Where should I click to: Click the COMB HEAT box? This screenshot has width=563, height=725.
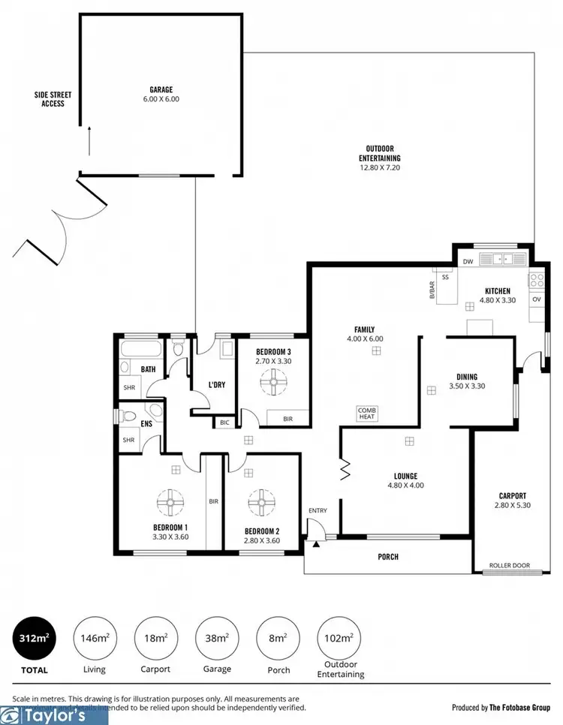click(366, 414)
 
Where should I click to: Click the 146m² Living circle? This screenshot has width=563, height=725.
click(94, 638)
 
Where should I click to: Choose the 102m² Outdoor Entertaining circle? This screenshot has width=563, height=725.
click(339, 638)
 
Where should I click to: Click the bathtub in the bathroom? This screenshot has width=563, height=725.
click(140, 350)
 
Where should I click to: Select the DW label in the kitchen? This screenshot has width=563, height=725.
click(468, 261)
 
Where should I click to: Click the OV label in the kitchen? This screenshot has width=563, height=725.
click(536, 299)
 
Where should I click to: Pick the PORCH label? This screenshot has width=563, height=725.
click(389, 556)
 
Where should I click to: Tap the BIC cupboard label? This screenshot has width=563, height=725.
click(224, 423)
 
